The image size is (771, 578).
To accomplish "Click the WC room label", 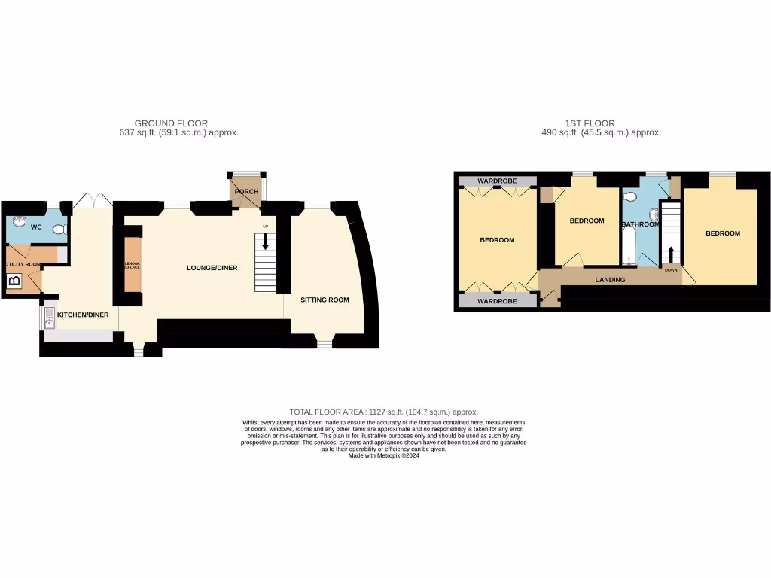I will (35, 227).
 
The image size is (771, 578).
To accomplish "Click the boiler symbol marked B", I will (14, 282).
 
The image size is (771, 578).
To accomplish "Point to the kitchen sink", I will (50, 321).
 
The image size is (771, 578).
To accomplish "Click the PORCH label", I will (246, 192).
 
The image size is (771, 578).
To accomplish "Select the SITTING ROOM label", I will (325, 300).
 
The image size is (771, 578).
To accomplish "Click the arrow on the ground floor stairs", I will (264, 242).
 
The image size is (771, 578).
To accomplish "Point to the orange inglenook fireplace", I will (132, 265).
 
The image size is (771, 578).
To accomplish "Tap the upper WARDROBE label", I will (495, 181).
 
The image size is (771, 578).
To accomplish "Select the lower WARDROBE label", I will (495, 301).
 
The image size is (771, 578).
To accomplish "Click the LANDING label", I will (610, 280).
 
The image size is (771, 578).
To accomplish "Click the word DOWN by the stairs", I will (670, 269).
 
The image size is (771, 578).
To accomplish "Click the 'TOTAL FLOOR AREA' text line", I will (383, 412).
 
